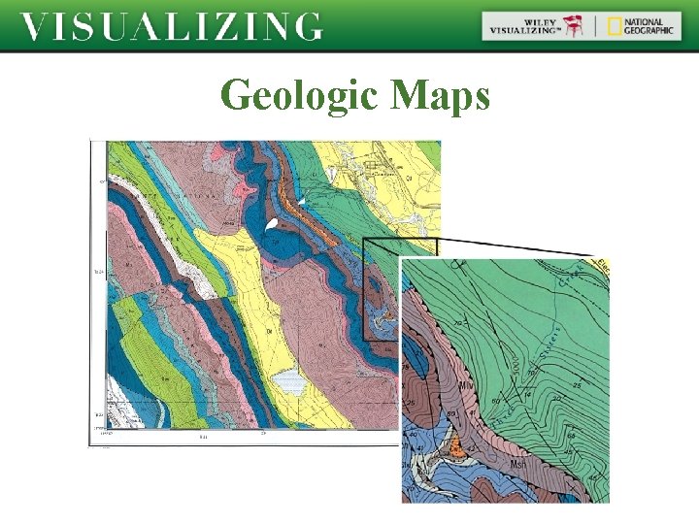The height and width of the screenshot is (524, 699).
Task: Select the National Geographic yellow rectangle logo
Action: tap(615, 26)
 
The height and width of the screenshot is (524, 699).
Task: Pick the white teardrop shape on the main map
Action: tap(272, 224)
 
